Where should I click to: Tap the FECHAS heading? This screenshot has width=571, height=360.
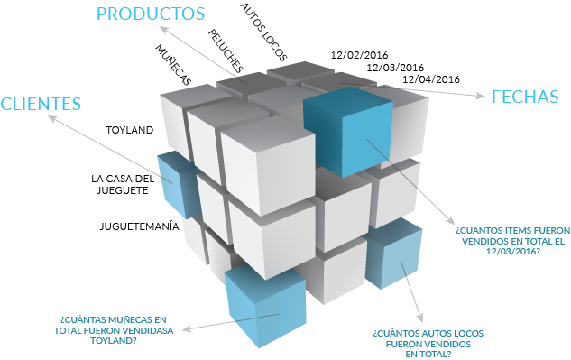tap(524, 97)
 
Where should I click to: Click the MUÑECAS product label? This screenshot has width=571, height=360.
tap(172, 65)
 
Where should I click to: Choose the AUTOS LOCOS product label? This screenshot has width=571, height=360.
tap(262, 24)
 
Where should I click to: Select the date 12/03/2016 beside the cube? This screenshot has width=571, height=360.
tap(395, 67)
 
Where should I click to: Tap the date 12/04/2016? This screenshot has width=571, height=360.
tap(431, 79)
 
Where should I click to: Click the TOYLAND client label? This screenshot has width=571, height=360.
tap(129, 130)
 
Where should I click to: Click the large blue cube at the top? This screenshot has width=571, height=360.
tap(348, 133)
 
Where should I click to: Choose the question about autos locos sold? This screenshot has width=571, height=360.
tap(421, 343)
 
